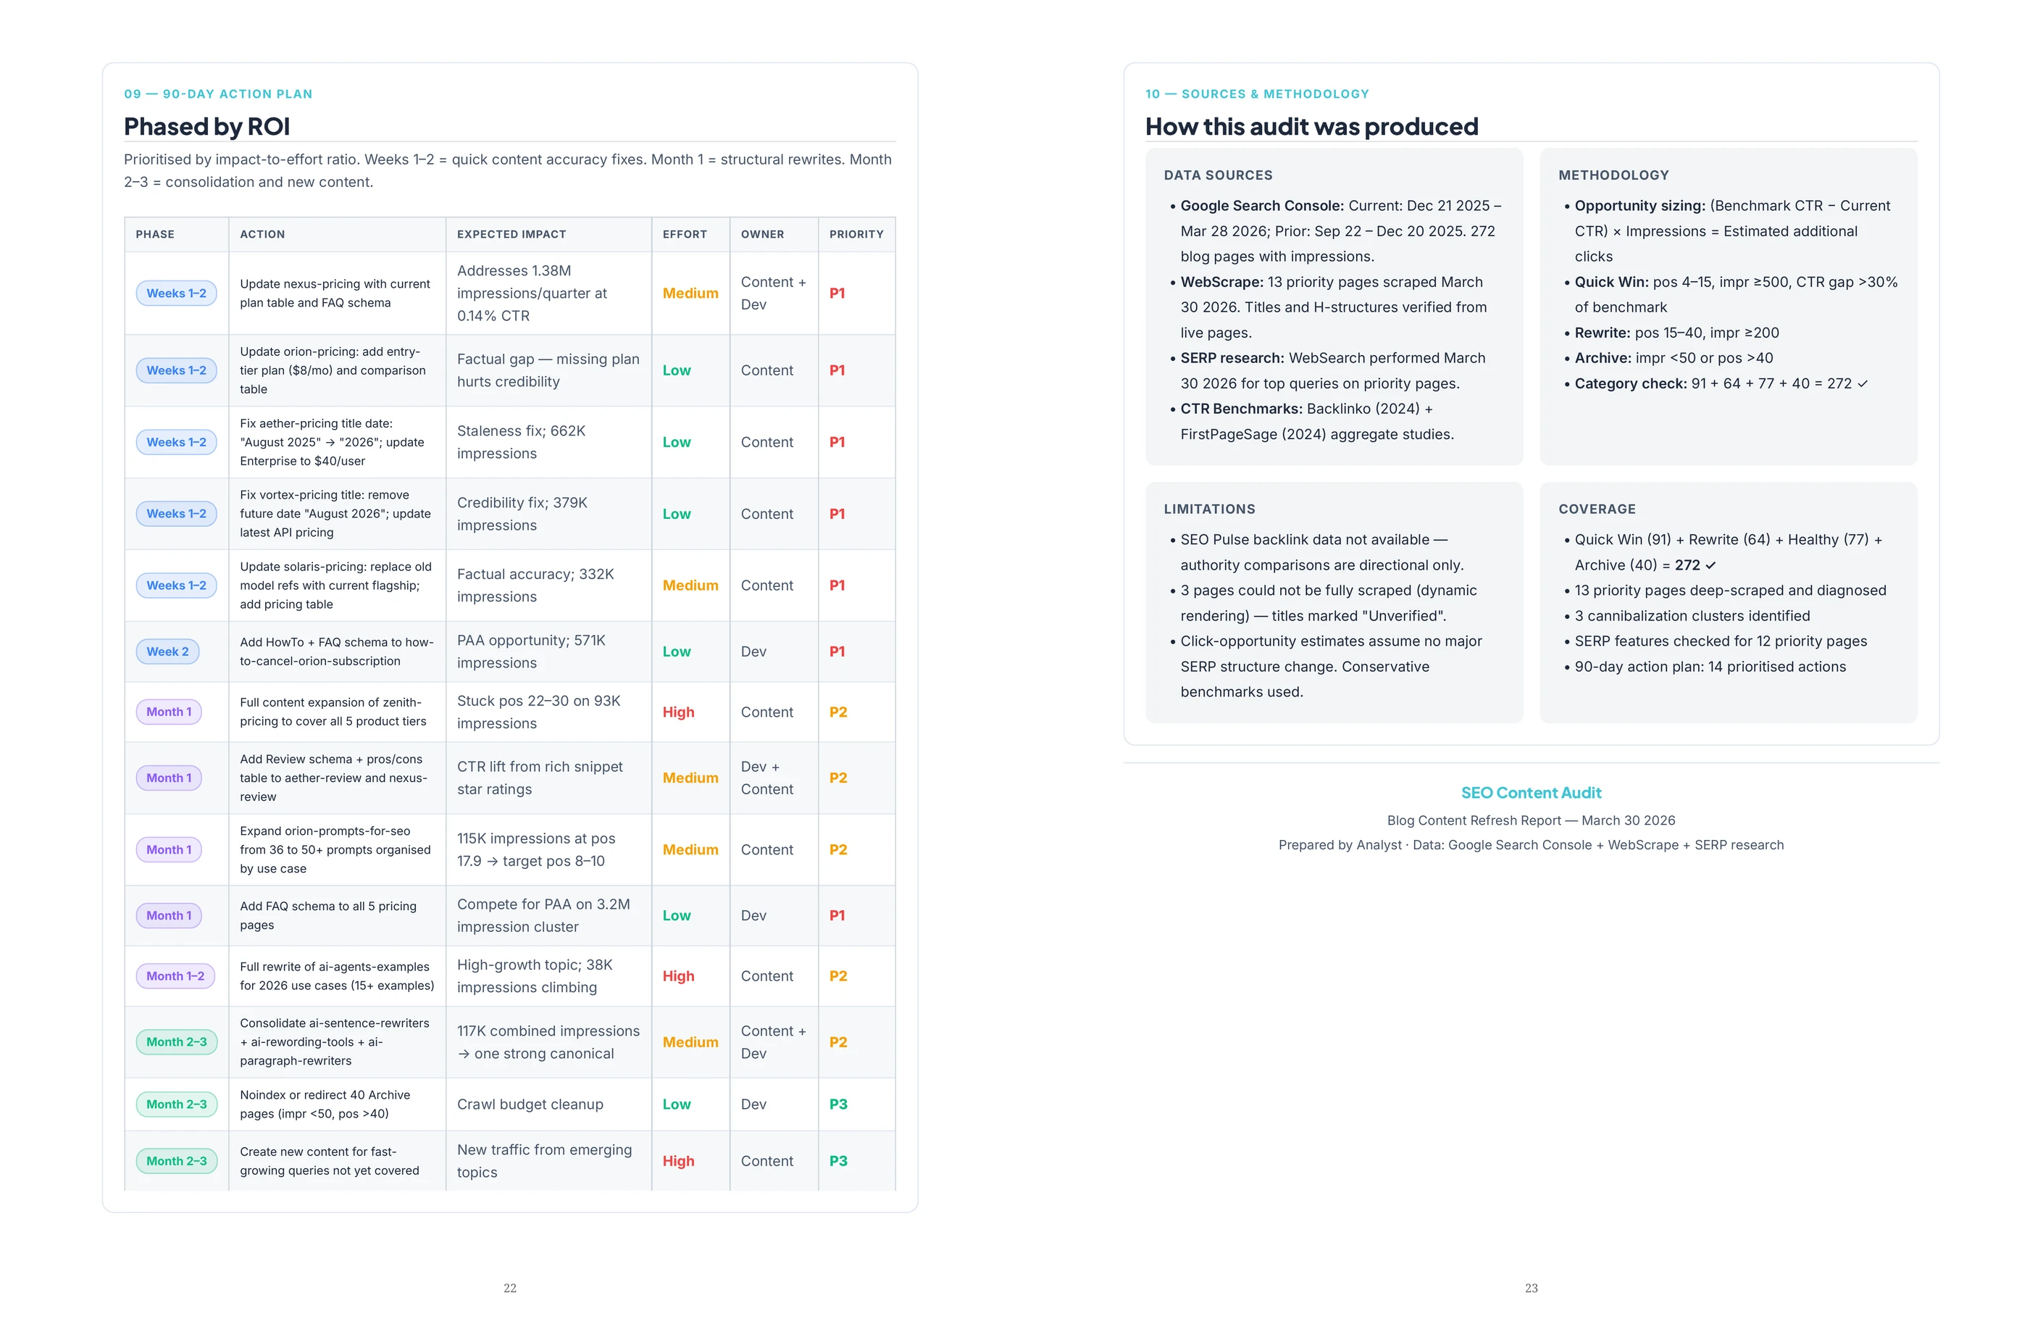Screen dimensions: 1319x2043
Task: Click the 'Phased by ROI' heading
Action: tap(206, 127)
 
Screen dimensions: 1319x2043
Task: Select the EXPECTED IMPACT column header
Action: tap(511, 234)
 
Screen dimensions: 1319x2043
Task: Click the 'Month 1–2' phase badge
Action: tap(175, 976)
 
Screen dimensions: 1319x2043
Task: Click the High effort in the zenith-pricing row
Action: tap(678, 712)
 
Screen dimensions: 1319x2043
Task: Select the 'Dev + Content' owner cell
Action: tap(766, 778)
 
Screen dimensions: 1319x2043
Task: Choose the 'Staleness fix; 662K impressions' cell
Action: tap(521, 442)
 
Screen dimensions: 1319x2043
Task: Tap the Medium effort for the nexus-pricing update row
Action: tap(690, 293)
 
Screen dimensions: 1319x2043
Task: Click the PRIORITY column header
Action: tap(856, 234)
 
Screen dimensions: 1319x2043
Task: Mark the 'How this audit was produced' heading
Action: tap(1311, 127)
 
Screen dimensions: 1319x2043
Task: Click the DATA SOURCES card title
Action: tap(1218, 175)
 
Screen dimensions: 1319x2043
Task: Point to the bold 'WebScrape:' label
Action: tap(1221, 282)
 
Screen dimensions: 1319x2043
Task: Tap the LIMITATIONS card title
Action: tap(1209, 509)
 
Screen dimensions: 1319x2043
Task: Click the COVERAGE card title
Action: tap(1596, 509)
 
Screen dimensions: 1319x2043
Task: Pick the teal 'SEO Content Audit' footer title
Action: tap(1530, 793)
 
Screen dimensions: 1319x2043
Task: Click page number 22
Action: tap(509, 1288)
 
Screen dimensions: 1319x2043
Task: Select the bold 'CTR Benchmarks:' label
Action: tap(1241, 409)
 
